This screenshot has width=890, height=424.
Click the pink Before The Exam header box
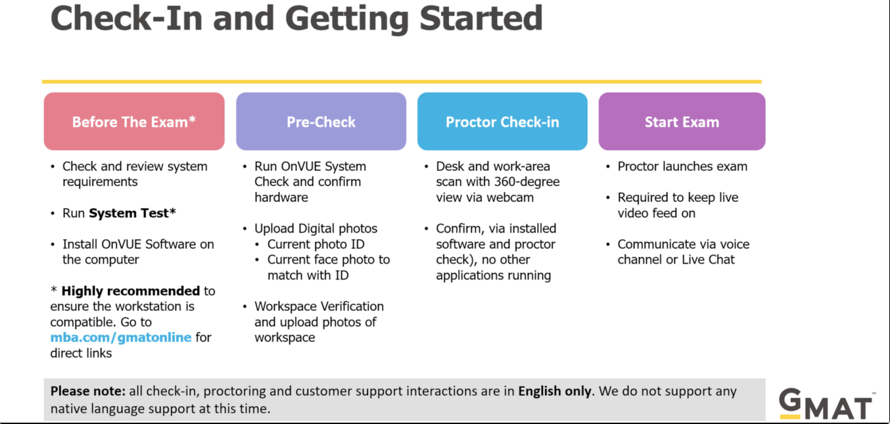(134, 122)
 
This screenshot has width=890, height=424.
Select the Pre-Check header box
(321, 122)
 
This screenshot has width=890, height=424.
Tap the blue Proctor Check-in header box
(502, 122)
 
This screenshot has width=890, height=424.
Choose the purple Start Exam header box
(682, 122)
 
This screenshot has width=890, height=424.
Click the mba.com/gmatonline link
(121, 337)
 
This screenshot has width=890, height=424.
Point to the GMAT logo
(826, 404)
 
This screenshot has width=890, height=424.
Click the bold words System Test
(132, 214)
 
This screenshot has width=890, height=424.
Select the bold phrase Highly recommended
(131, 291)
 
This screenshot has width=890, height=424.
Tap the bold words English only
(555, 392)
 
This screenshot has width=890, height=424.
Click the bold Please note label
(88, 391)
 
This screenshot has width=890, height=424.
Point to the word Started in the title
(481, 18)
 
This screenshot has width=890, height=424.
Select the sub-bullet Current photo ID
(316, 245)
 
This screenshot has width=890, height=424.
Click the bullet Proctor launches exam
(682, 166)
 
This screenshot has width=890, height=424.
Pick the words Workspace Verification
(319, 306)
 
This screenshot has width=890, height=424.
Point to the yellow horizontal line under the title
(402, 82)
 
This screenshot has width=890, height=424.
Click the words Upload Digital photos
(316, 229)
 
